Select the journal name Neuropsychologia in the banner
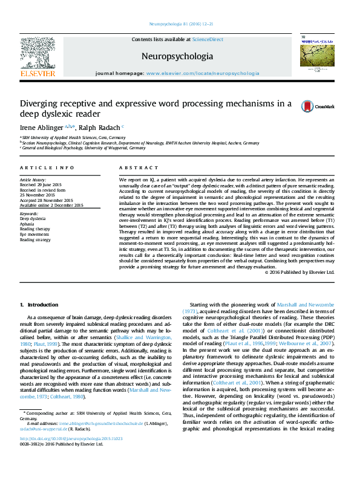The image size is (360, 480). click(177, 57)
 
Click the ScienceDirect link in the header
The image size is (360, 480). click(208, 39)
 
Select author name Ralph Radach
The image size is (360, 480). click(98, 128)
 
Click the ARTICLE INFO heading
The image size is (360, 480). click(47, 167)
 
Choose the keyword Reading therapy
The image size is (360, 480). click(36, 229)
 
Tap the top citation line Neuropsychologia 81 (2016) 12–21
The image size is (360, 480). click(180, 25)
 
